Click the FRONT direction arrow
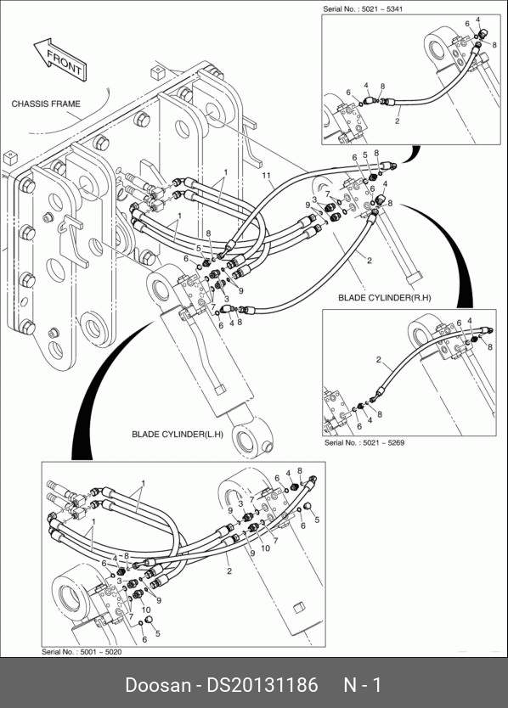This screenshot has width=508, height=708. pyautogui.click(x=61, y=59)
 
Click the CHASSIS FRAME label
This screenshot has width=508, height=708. pyautogui.click(x=46, y=104)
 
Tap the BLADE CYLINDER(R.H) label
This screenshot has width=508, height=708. pyautogui.click(x=385, y=298)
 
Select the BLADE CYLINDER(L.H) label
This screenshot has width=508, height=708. pyautogui.click(x=178, y=435)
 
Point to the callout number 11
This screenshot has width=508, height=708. pyautogui.click(x=266, y=176)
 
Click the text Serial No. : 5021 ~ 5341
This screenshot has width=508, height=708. pyautogui.click(x=363, y=9)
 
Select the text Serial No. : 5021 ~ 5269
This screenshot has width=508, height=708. pyautogui.click(x=364, y=442)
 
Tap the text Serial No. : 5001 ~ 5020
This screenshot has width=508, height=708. pyautogui.click(x=82, y=652)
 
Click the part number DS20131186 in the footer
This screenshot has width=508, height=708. pyautogui.click(x=262, y=685)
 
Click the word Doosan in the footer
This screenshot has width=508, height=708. pyautogui.click(x=158, y=685)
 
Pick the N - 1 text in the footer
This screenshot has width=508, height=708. pyautogui.click(x=363, y=685)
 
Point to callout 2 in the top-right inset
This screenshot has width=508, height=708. pyautogui.click(x=398, y=121)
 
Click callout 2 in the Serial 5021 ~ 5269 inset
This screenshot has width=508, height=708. pyautogui.click(x=378, y=360)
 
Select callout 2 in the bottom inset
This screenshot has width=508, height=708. pyautogui.click(x=229, y=571)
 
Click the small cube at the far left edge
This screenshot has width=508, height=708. pyautogui.click(x=10, y=159)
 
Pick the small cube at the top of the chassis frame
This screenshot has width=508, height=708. pyautogui.click(x=156, y=72)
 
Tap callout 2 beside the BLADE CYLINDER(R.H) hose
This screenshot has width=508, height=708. pyautogui.click(x=370, y=260)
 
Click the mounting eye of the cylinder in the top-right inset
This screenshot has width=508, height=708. pyautogui.click(x=439, y=46)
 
